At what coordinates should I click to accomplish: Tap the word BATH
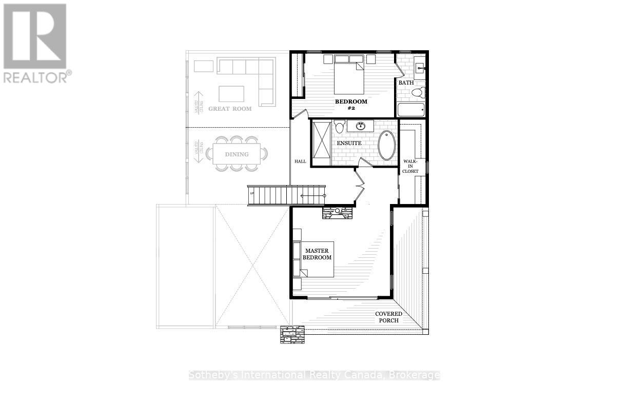[x=406, y=83]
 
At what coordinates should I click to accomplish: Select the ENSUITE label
[x=349, y=143]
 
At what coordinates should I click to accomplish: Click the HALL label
[x=300, y=161]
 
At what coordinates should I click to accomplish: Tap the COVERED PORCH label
[x=388, y=317]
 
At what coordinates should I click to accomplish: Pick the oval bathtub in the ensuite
[x=387, y=145]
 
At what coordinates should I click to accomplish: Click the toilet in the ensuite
[x=339, y=127]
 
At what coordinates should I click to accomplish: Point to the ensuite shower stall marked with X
[x=321, y=143]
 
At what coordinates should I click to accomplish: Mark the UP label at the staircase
[x=251, y=193]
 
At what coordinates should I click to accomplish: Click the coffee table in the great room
[x=231, y=94]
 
